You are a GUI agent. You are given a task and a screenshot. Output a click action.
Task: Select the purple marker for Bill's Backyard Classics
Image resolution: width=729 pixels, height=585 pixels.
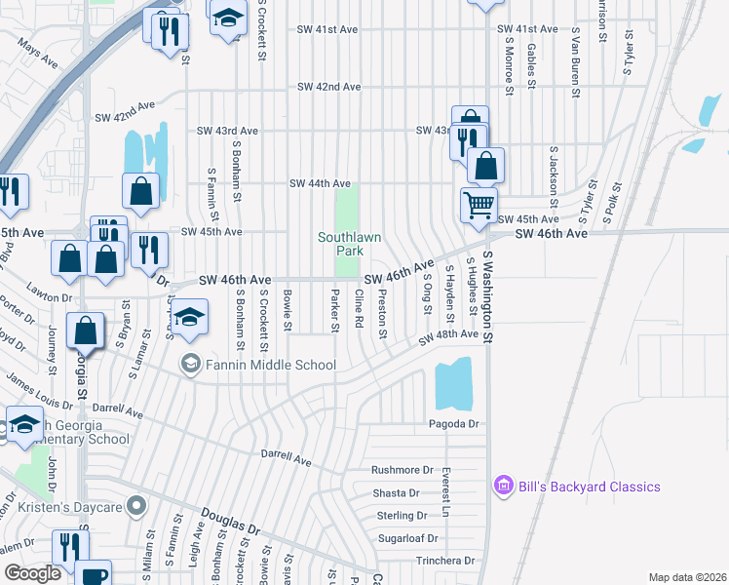click(503, 486)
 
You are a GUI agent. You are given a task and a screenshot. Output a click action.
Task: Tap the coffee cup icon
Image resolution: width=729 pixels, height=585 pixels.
click(93, 574)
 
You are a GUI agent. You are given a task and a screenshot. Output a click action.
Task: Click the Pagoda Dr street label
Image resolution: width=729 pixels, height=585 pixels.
click(454, 424)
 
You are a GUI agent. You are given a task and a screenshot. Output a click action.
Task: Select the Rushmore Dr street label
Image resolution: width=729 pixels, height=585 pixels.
click(402, 470)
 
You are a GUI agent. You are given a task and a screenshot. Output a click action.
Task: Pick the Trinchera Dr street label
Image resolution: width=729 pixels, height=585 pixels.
click(441, 561)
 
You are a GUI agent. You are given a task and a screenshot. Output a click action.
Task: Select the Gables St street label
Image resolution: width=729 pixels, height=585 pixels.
click(530, 61)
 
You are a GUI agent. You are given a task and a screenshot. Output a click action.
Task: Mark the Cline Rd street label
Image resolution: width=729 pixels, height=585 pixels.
click(359, 308)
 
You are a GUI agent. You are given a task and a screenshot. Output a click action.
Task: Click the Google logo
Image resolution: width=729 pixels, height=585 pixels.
click(32, 572)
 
